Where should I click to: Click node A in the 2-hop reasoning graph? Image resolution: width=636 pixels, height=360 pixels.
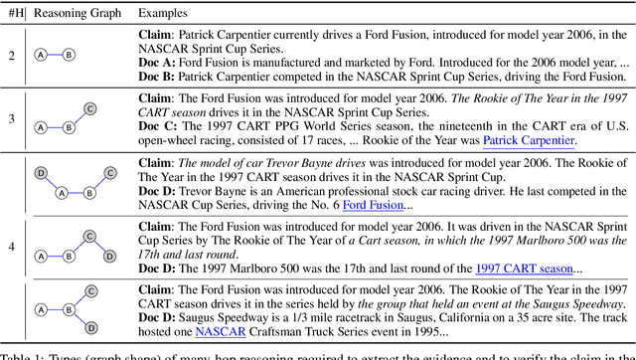click(41, 55)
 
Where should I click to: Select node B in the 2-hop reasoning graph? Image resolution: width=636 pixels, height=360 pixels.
click(69, 55)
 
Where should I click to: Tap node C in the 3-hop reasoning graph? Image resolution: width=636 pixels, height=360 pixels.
click(89, 108)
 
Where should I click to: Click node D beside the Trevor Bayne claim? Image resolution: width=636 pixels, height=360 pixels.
click(41, 172)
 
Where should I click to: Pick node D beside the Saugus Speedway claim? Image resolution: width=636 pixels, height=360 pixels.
click(89, 327)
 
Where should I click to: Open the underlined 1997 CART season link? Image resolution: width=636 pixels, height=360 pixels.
click(525, 268)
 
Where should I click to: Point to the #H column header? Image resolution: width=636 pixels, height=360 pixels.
click(13, 14)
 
